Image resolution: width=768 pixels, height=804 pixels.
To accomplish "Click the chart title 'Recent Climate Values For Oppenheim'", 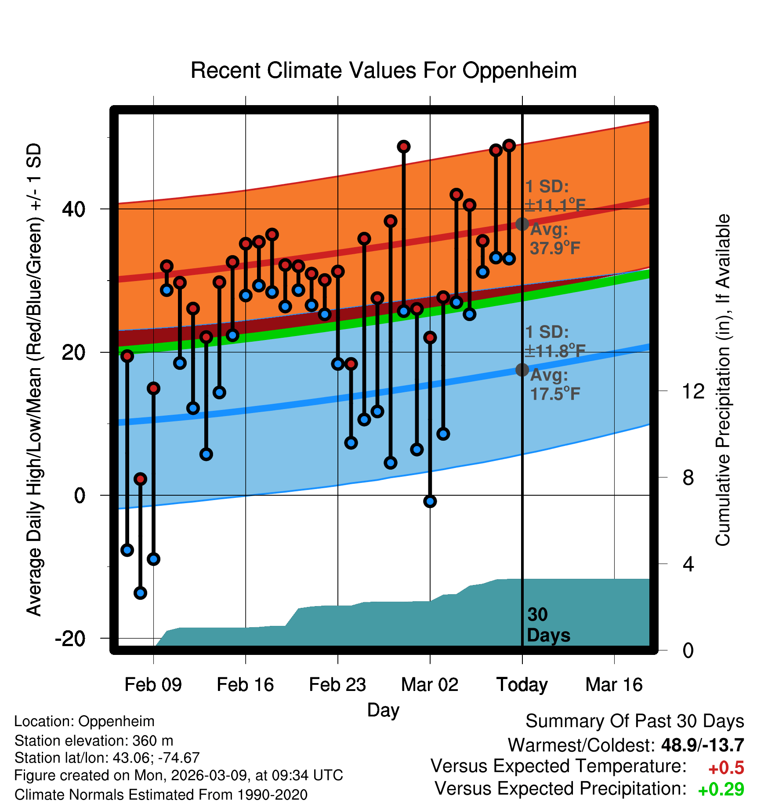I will (384, 70).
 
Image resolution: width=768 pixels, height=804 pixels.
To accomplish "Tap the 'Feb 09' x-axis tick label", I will (153, 685).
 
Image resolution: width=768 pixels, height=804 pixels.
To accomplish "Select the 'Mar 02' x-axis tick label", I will (430, 685).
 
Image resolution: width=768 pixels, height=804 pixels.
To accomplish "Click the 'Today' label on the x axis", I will (522, 685).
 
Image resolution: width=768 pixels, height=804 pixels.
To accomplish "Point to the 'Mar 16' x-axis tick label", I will (614, 685).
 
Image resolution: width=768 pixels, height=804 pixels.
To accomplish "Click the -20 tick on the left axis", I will (70, 638).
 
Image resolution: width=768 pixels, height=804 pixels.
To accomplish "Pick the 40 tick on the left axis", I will (74, 209).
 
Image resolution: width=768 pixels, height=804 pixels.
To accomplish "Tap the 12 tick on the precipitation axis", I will (693, 391).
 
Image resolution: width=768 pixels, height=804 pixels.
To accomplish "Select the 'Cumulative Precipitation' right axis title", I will (723, 380).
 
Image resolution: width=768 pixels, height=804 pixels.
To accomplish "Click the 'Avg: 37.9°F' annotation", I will (554, 239).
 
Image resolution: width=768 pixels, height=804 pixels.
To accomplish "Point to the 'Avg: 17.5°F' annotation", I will (554, 384).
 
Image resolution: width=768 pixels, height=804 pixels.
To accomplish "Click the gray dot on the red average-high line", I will (522, 224).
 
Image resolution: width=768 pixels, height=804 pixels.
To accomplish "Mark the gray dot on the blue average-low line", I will (522, 369).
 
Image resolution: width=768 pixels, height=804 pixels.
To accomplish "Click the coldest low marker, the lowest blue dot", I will (140, 593).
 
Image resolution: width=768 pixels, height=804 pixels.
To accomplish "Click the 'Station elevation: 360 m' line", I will (94, 741).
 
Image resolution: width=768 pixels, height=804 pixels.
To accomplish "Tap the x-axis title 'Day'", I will (383, 710).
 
